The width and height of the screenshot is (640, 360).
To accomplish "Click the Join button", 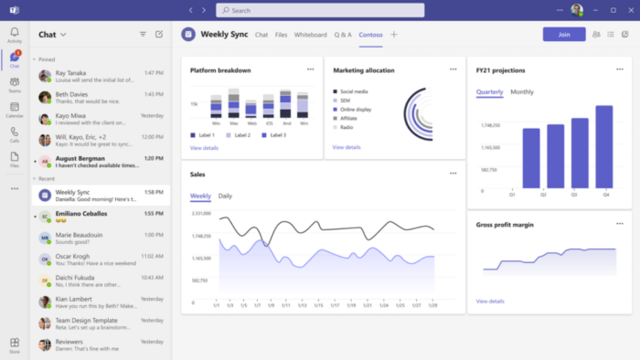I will coord(563,34).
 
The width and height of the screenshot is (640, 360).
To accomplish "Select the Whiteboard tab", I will coord(311,35).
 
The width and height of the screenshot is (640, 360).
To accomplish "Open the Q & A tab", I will coord(343,35).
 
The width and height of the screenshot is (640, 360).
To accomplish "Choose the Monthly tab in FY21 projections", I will coord(522,92).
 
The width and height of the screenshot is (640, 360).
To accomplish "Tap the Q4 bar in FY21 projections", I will coord(603,146).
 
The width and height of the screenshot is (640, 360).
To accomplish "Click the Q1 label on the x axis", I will coord(512,195).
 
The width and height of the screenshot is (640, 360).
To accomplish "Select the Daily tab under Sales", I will coord(225,196).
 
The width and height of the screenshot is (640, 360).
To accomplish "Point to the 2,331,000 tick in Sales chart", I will coord(201,213).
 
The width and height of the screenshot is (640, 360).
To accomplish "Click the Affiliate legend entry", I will coord(348,118).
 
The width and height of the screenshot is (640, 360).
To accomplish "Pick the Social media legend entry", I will coord(354,91).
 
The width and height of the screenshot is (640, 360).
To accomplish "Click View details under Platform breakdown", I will coord(204,147).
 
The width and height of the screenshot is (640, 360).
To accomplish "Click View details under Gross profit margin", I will coord(490,301).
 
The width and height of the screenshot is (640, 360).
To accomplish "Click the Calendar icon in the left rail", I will coord(15,111).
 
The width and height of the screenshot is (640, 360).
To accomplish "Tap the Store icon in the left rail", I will coord(15,344).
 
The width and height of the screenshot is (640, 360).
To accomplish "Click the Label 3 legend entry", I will coord(274,135).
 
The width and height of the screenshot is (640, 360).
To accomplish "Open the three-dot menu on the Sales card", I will coord(453,173).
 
